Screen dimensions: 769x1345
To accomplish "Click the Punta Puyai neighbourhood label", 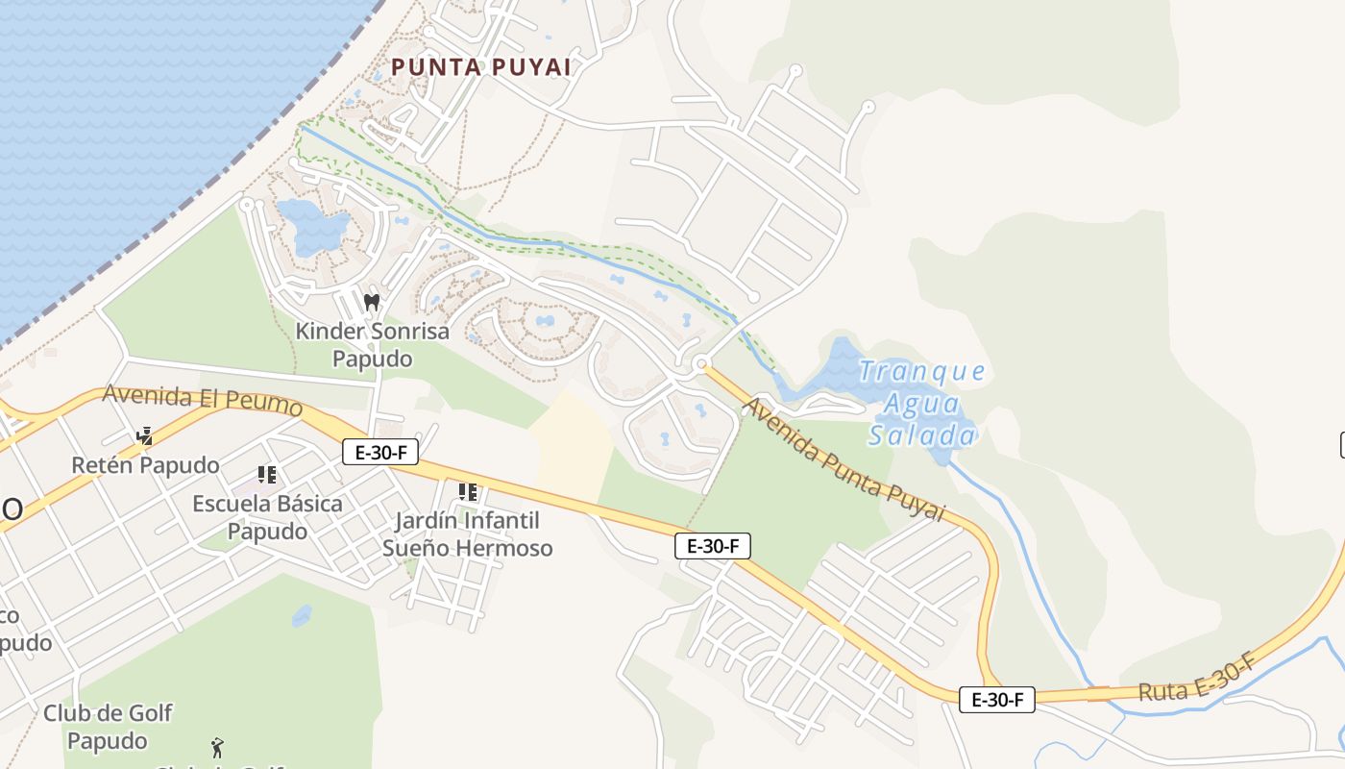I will pyautogui.click(x=481, y=67).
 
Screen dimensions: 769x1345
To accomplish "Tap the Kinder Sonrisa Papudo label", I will pyautogui.click(x=372, y=345).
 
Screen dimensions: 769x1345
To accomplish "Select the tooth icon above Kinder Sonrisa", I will pyautogui.click(x=372, y=302).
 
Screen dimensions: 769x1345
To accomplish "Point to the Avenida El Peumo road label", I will pyautogui.click(x=202, y=399).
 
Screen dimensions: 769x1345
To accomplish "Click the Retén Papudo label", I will pyautogui.click(x=145, y=465).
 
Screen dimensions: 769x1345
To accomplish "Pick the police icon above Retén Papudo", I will pyautogui.click(x=145, y=436).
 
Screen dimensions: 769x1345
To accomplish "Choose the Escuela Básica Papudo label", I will pyautogui.click(x=267, y=517).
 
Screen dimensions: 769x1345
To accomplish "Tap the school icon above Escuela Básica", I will pyautogui.click(x=267, y=475).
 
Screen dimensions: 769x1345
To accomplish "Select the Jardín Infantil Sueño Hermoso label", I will pyautogui.click(x=468, y=534).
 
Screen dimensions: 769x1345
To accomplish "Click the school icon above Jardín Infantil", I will pyautogui.click(x=468, y=493).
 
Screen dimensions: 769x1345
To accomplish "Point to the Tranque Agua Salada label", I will pyautogui.click(x=921, y=404).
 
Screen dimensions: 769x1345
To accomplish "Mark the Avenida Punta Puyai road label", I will pyautogui.click(x=844, y=460).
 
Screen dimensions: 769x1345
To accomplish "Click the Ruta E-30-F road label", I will pyautogui.click(x=1197, y=678).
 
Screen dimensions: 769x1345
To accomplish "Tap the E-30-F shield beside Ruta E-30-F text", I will pyautogui.click(x=997, y=700).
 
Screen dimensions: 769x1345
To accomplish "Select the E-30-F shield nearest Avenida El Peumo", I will pyautogui.click(x=380, y=452).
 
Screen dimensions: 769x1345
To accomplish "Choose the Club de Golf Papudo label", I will pyautogui.click(x=108, y=727).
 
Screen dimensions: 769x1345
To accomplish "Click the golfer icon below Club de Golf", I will pyautogui.click(x=218, y=747).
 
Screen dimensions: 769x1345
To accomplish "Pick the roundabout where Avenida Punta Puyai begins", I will pyautogui.click(x=702, y=363).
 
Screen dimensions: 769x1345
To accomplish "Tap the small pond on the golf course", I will pyautogui.click(x=302, y=615).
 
